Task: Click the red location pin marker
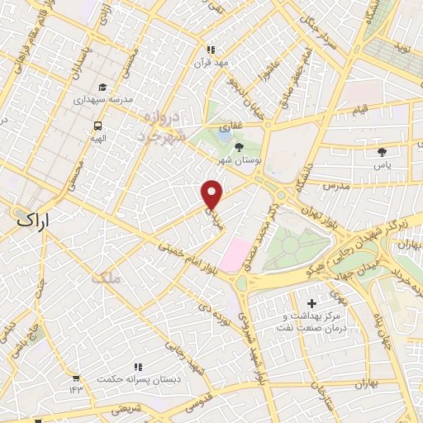(212, 193)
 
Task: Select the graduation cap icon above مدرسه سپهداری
(102, 88)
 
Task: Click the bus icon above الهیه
(98, 126)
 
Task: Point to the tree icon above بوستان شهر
(239, 146)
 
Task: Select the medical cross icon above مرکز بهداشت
(311, 304)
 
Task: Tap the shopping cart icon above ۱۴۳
(76, 377)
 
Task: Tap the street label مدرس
(337, 187)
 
